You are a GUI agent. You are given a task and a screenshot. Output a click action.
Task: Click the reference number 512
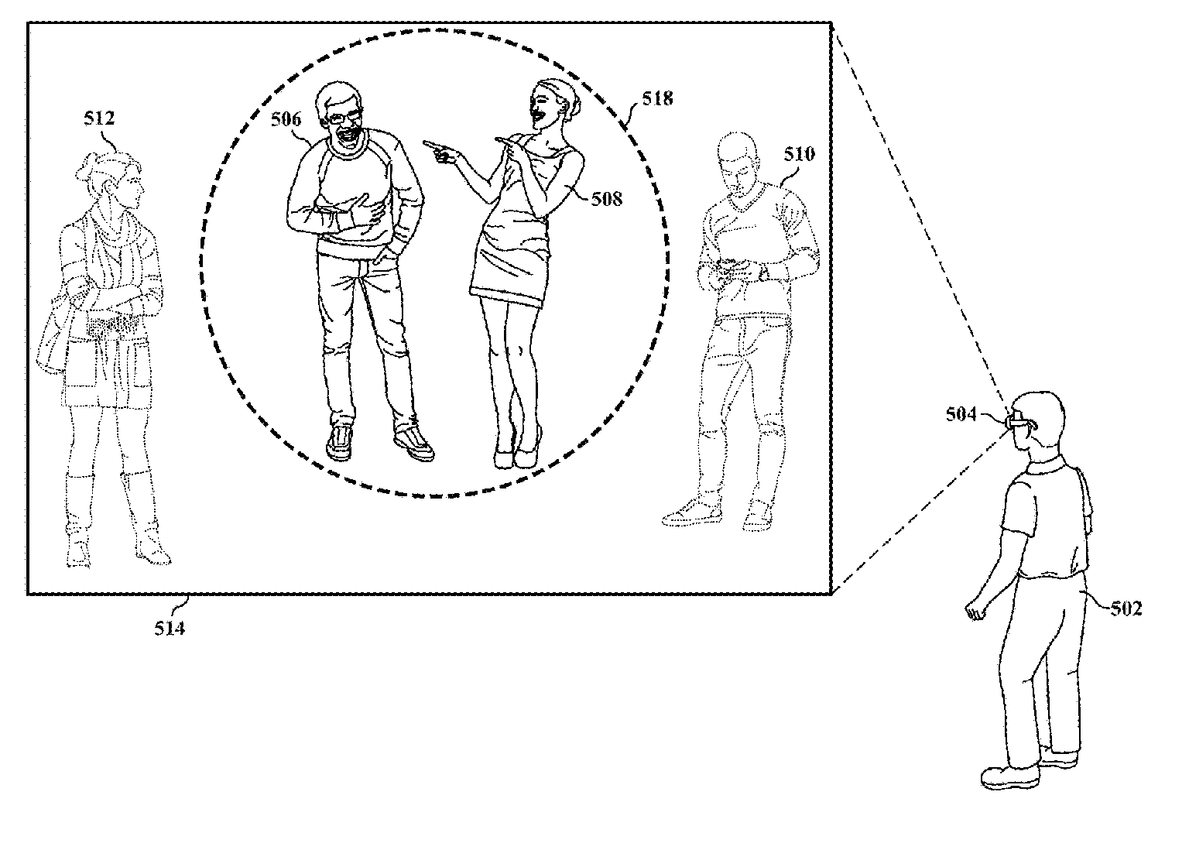[x=99, y=118]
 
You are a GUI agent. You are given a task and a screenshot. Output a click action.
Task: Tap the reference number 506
[x=286, y=119]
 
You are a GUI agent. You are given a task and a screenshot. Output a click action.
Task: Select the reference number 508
[x=607, y=199]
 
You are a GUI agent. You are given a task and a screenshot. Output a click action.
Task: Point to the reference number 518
[x=658, y=98]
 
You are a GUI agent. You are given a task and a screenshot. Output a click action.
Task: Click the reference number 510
[x=800, y=154]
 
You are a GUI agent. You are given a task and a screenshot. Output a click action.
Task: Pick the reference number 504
[x=961, y=414]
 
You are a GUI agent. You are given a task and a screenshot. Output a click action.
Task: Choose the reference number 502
[x=1126, y=608]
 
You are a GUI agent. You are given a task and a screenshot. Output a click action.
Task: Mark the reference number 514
[x=170, y=628]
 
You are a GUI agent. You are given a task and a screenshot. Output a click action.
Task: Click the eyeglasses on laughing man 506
[x=342, y=117]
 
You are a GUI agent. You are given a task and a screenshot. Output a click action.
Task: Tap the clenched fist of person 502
[x=975, y=612]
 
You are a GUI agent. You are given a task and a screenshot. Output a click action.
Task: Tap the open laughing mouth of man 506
[x=347, y=136]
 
